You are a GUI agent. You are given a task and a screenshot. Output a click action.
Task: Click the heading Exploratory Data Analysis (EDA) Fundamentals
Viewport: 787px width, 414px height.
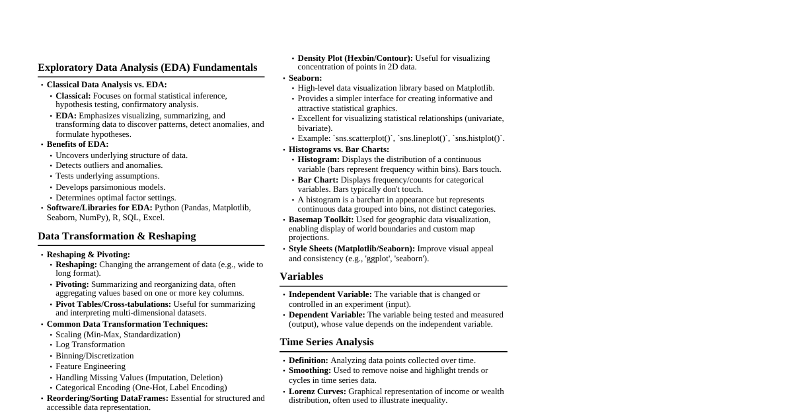click(x=147, y=67)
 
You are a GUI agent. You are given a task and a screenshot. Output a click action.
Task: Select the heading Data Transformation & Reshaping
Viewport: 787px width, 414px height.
click(x=117, y=236)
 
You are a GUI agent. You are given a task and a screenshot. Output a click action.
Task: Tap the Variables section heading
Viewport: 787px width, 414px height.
click(x=301, y=276)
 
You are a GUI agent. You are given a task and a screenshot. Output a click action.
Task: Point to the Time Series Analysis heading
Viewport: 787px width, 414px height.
click(x=326, y=342)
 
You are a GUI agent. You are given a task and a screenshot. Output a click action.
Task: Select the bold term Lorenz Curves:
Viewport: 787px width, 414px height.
click(x=317, y=392)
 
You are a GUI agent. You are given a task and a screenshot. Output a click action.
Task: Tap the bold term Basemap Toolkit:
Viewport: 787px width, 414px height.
click(x=321, y=220)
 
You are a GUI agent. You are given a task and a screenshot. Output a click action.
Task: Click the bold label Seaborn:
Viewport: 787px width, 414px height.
click(x=305, y=78)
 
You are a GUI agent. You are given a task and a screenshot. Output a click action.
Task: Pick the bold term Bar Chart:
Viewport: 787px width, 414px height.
click(x=318, y=180)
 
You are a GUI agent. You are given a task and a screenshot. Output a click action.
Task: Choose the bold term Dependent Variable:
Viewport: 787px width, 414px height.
click(x=326, y=315)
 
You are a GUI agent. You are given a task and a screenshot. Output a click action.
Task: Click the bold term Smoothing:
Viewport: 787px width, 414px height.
click(x=310, y=370)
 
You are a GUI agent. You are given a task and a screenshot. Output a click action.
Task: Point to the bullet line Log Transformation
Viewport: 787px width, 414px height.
click(x=90, y=345)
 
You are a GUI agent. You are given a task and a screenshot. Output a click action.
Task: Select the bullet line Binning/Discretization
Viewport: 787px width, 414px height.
click(x=94, y=356)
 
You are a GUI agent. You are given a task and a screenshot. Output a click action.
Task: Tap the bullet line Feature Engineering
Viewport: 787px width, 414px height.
click(x=91, y=366)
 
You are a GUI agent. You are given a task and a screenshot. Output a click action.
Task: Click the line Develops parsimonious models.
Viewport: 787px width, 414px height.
click(x=110, y=187)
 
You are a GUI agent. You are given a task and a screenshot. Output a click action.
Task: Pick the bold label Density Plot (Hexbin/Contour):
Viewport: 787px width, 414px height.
click(x=355, y=58)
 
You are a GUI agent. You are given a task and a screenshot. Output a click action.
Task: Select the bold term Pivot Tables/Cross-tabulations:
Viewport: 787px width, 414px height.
click(x=113, y=304)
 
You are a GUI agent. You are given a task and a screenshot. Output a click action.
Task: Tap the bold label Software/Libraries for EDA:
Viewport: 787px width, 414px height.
click(x=99, y=208)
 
